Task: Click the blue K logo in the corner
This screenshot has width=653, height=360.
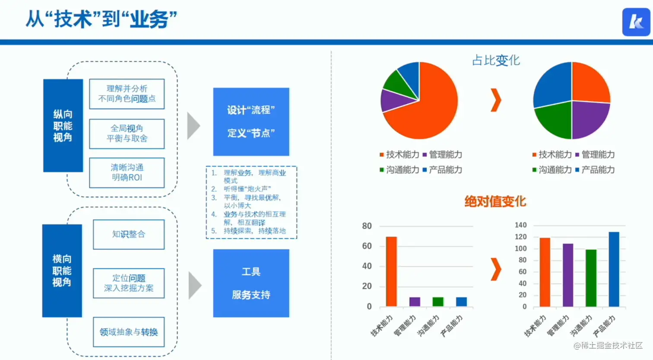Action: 636,22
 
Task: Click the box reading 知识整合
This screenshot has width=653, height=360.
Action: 129,235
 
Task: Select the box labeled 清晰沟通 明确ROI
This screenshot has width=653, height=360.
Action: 127,173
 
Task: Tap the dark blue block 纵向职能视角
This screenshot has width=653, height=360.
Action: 63,125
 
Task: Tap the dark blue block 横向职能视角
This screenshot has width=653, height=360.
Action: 62,271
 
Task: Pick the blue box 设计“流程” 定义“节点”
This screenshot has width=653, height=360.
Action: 251,121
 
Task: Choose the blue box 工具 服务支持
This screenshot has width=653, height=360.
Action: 251,283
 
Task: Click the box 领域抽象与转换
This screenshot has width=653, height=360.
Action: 129,332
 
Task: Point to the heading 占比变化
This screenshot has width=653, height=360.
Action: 496,61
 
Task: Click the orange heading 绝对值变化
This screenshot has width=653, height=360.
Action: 495,201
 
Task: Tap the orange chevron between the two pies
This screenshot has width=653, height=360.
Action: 496,100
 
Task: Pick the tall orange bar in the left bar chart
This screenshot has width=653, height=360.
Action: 391,271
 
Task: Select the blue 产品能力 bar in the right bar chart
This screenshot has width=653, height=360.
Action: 614,269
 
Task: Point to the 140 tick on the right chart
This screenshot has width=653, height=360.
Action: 521,225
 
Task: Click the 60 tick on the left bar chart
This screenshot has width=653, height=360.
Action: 367,246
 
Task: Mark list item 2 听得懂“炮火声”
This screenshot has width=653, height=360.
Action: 241,189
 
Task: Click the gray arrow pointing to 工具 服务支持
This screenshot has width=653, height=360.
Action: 195,285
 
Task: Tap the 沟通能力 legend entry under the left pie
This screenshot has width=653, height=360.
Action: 399,170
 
